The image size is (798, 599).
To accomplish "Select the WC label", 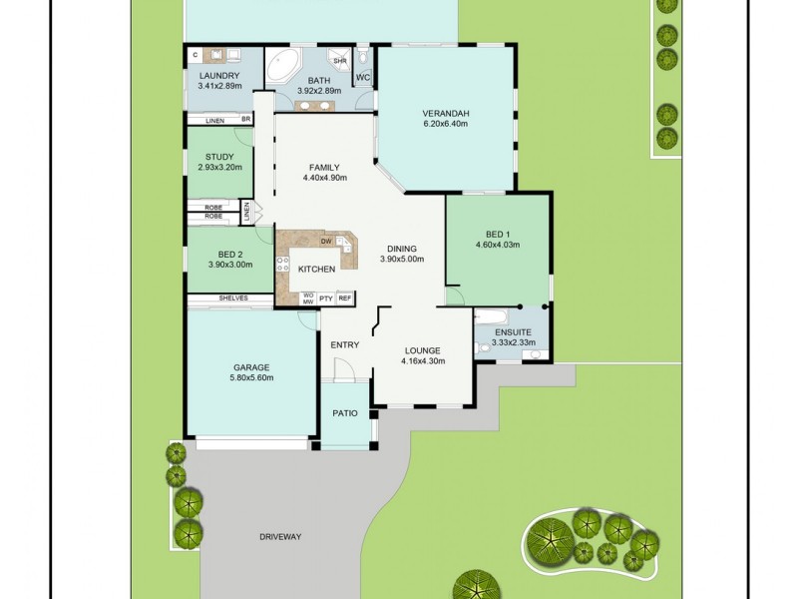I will (x=363, y=77).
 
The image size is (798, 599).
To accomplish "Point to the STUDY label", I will (x=219, y=157).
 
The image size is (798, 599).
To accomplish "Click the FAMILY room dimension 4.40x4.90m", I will (x=324, y=178).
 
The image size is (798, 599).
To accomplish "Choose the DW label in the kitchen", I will (x=326, y=242).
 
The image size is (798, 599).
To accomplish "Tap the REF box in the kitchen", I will (x=344, y=298).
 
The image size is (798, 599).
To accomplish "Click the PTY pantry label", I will (x=326, y=298).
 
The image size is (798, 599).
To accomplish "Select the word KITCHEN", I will (x=316, y=270).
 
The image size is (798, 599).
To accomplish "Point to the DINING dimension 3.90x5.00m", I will (x=402, y=260).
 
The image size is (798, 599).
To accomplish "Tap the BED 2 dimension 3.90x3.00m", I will (x=229, y=265).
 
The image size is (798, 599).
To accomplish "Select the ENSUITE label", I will (x=513, y=331).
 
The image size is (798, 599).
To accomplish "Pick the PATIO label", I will (x=345, y=412).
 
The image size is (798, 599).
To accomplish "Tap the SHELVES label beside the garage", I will (x=231, y=299).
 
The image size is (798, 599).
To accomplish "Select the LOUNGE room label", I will (x=423, y=350).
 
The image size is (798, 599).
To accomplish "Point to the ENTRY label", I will (x=345, y=345).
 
